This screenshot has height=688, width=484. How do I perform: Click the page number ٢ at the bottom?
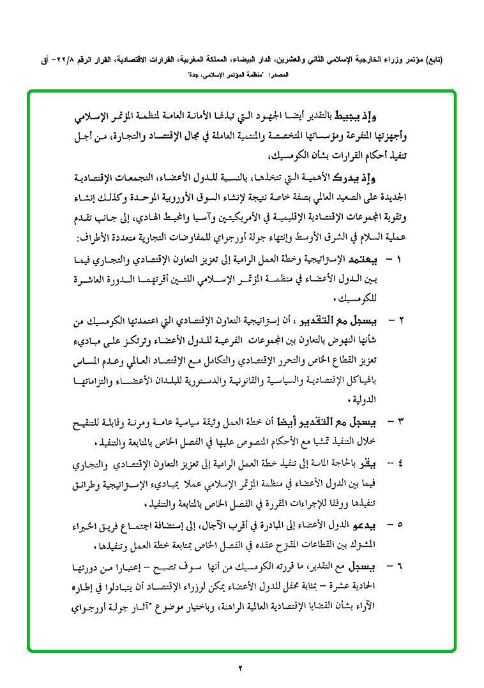[x=241, y=668]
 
